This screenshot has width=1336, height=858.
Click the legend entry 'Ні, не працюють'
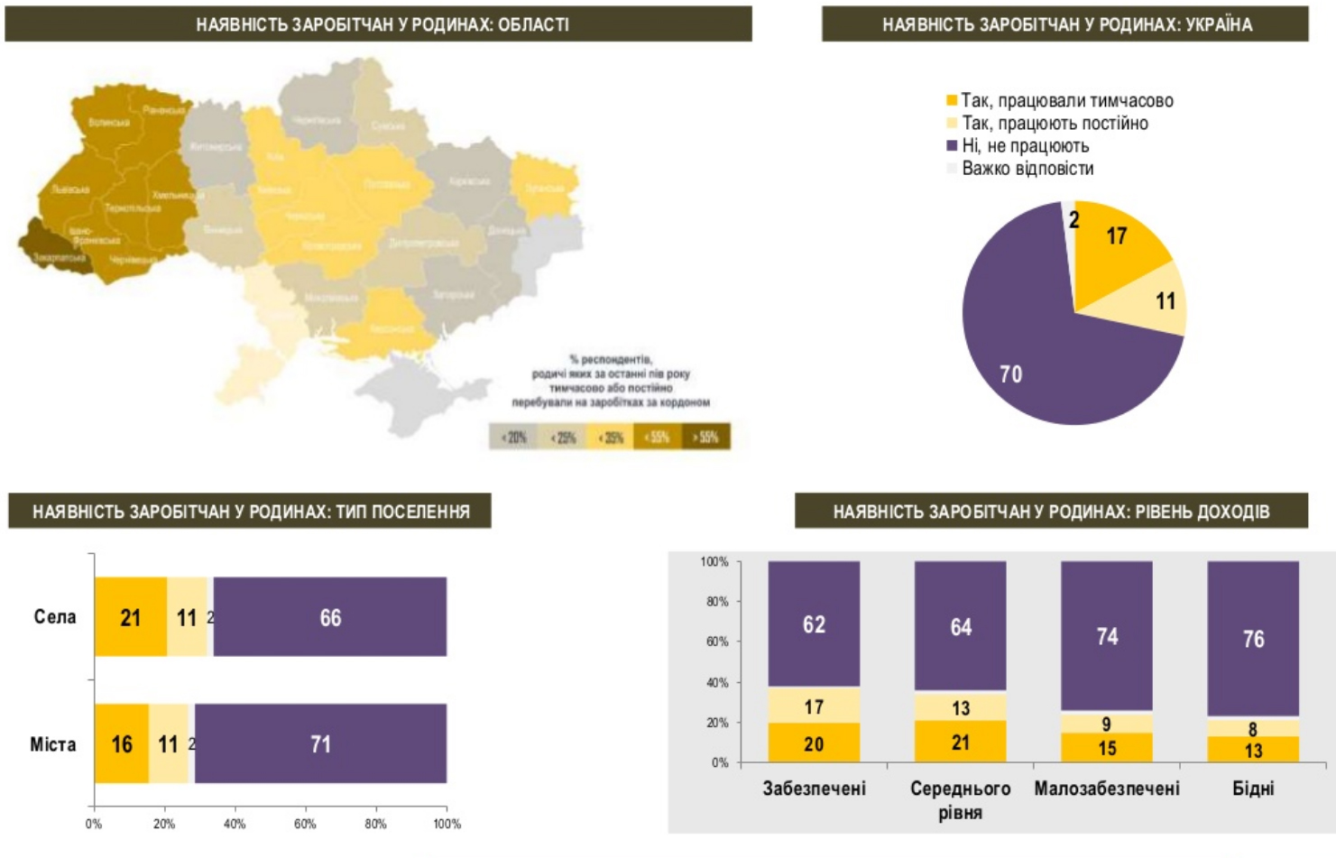[1025, 146]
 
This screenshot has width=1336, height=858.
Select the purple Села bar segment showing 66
[330, 617]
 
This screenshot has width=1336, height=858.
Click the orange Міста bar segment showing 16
[122, 743]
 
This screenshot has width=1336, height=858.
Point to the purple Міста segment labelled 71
[320, 743]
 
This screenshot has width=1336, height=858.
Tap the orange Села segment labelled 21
[131, 617]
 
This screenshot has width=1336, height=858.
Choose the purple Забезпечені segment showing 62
[814, 623]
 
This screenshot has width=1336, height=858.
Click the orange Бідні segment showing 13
[1253, 750]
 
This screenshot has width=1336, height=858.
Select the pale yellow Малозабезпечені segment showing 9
[1107, 724]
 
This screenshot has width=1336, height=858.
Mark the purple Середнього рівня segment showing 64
[961, 626]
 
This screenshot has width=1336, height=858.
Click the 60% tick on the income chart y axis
[716, 641]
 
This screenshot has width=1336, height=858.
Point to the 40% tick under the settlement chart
[235, 824]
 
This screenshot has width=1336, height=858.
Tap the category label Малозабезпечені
[1107, 789]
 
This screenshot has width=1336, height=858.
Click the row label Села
[55, 617]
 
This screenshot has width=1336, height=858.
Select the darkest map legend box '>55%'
[706, 438]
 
